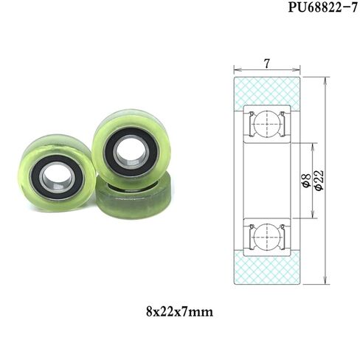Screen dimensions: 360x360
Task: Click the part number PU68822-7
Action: pos(319,8)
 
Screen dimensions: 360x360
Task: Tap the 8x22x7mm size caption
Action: pos(179,312)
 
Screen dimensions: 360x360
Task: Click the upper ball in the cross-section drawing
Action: pos(267,124)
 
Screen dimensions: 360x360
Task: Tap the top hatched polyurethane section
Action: pos(267,90)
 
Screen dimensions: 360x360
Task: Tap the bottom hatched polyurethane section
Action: pos(267,269)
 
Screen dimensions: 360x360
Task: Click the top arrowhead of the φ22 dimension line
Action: pos(325,78)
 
